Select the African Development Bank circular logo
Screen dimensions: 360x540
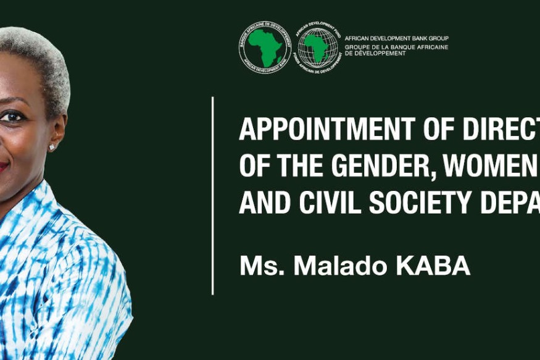click(x=265, y=48)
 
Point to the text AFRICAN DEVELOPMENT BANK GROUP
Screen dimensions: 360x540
click(x=396, y=38)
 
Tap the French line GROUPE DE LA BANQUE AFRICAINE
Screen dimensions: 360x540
click(x=396, y=47)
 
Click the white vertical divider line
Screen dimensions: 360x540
click(x=213, y=195)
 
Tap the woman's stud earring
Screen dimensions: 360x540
click(x=52, y=147)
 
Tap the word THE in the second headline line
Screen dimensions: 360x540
click(x=289, y=165)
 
